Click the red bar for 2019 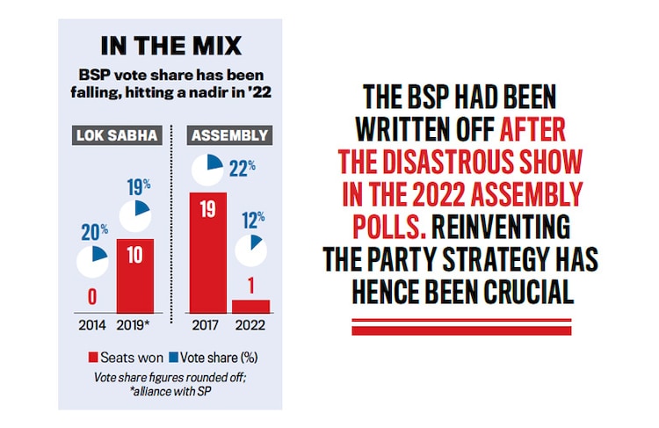tap(134, 275)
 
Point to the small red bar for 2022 tap(251, 305)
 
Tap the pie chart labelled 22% tap(208, 170)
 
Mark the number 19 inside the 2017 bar tap(207, 209)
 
